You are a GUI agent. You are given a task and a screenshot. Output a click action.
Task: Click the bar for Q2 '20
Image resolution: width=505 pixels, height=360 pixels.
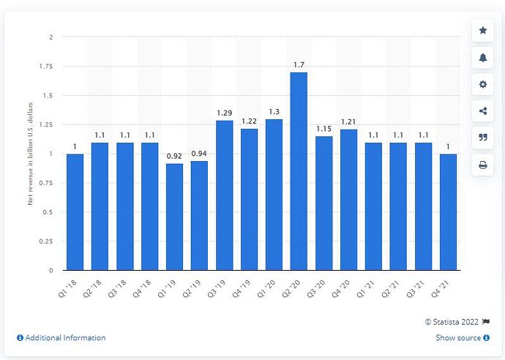point(299,171)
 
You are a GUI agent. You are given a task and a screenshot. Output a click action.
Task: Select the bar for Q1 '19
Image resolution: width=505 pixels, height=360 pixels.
point(174,217)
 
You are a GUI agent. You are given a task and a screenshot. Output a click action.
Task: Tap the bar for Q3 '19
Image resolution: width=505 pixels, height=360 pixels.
point(224,195)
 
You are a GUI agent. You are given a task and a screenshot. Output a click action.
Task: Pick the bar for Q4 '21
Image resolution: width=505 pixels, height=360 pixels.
point(448,212)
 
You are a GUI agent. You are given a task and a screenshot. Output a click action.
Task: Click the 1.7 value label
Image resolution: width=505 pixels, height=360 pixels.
point(299,65)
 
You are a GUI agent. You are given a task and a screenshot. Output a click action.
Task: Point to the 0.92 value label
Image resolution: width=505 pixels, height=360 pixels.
point(174,157)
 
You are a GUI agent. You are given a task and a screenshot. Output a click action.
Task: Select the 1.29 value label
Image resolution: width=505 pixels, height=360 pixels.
point(224,113)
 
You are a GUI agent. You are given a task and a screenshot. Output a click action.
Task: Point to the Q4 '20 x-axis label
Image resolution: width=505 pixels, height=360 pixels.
point(347,285)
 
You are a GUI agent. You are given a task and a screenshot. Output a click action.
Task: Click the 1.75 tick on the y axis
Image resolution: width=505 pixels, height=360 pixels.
point(46,66)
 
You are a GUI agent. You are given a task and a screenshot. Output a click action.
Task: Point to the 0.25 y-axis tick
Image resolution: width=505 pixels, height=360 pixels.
point(46,241)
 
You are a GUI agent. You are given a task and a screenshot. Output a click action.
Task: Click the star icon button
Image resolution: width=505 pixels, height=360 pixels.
point(483,31)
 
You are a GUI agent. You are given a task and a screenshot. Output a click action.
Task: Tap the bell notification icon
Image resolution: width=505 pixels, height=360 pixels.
point(483,58)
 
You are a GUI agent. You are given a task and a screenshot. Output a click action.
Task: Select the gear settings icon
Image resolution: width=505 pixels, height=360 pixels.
point(483,84)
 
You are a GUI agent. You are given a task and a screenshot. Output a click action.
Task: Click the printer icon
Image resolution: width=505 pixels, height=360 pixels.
point(483,165)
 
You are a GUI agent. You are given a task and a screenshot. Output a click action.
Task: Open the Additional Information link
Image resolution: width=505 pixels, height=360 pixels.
point(61,338)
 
